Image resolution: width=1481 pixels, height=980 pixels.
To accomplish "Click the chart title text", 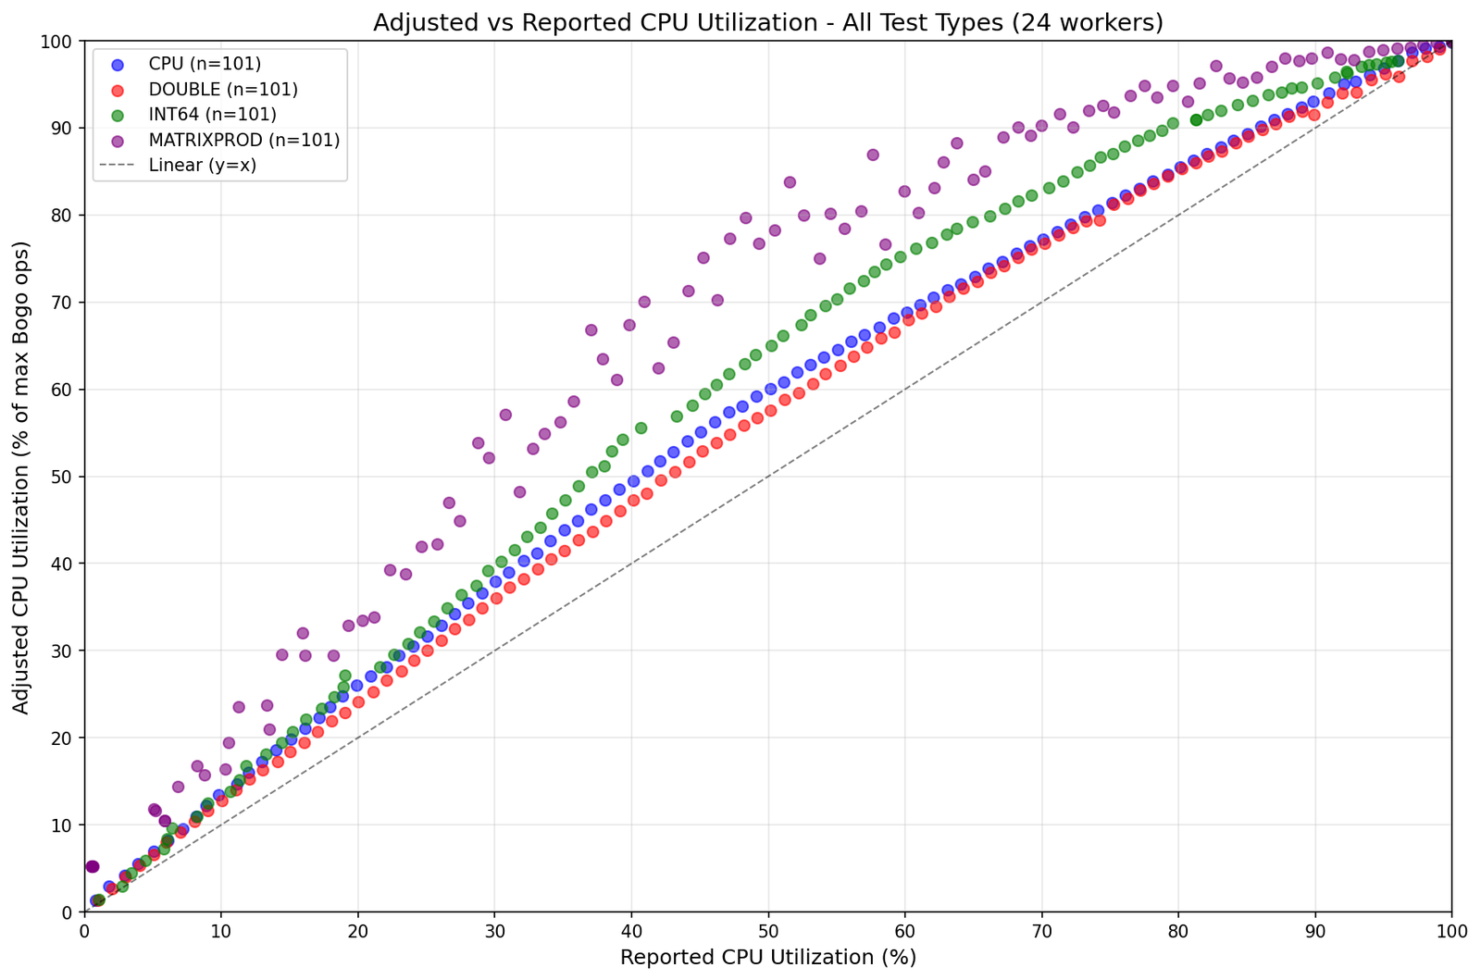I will pos(767,22).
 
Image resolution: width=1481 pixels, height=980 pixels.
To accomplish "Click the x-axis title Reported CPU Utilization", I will pos(767,957).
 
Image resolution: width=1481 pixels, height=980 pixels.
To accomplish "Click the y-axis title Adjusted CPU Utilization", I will pos(22,477).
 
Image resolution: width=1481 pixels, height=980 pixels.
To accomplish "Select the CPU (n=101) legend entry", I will pos(205,64).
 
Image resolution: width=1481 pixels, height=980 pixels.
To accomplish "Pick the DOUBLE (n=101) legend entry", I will pos(222,90).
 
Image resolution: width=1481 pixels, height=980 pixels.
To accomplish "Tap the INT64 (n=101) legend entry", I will pos(212,115).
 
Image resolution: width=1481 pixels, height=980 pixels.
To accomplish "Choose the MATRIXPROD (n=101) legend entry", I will pos(243,140).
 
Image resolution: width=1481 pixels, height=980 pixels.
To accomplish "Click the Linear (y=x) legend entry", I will pos(202,166).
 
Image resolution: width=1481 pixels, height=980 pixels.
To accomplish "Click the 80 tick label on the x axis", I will pos(1177,928).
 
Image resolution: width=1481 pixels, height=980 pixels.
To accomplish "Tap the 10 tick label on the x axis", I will pos(221,928).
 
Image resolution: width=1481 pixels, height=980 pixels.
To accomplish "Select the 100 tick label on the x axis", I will pos(1450,928).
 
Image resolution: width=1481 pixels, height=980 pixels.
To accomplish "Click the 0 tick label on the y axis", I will pos(70,912).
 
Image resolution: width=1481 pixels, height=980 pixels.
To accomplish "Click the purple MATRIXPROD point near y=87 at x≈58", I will pos(872,155).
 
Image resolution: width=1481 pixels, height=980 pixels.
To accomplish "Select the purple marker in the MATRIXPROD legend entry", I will pos(117,140).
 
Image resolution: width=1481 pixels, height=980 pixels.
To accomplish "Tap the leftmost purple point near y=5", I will pos(91,866).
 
